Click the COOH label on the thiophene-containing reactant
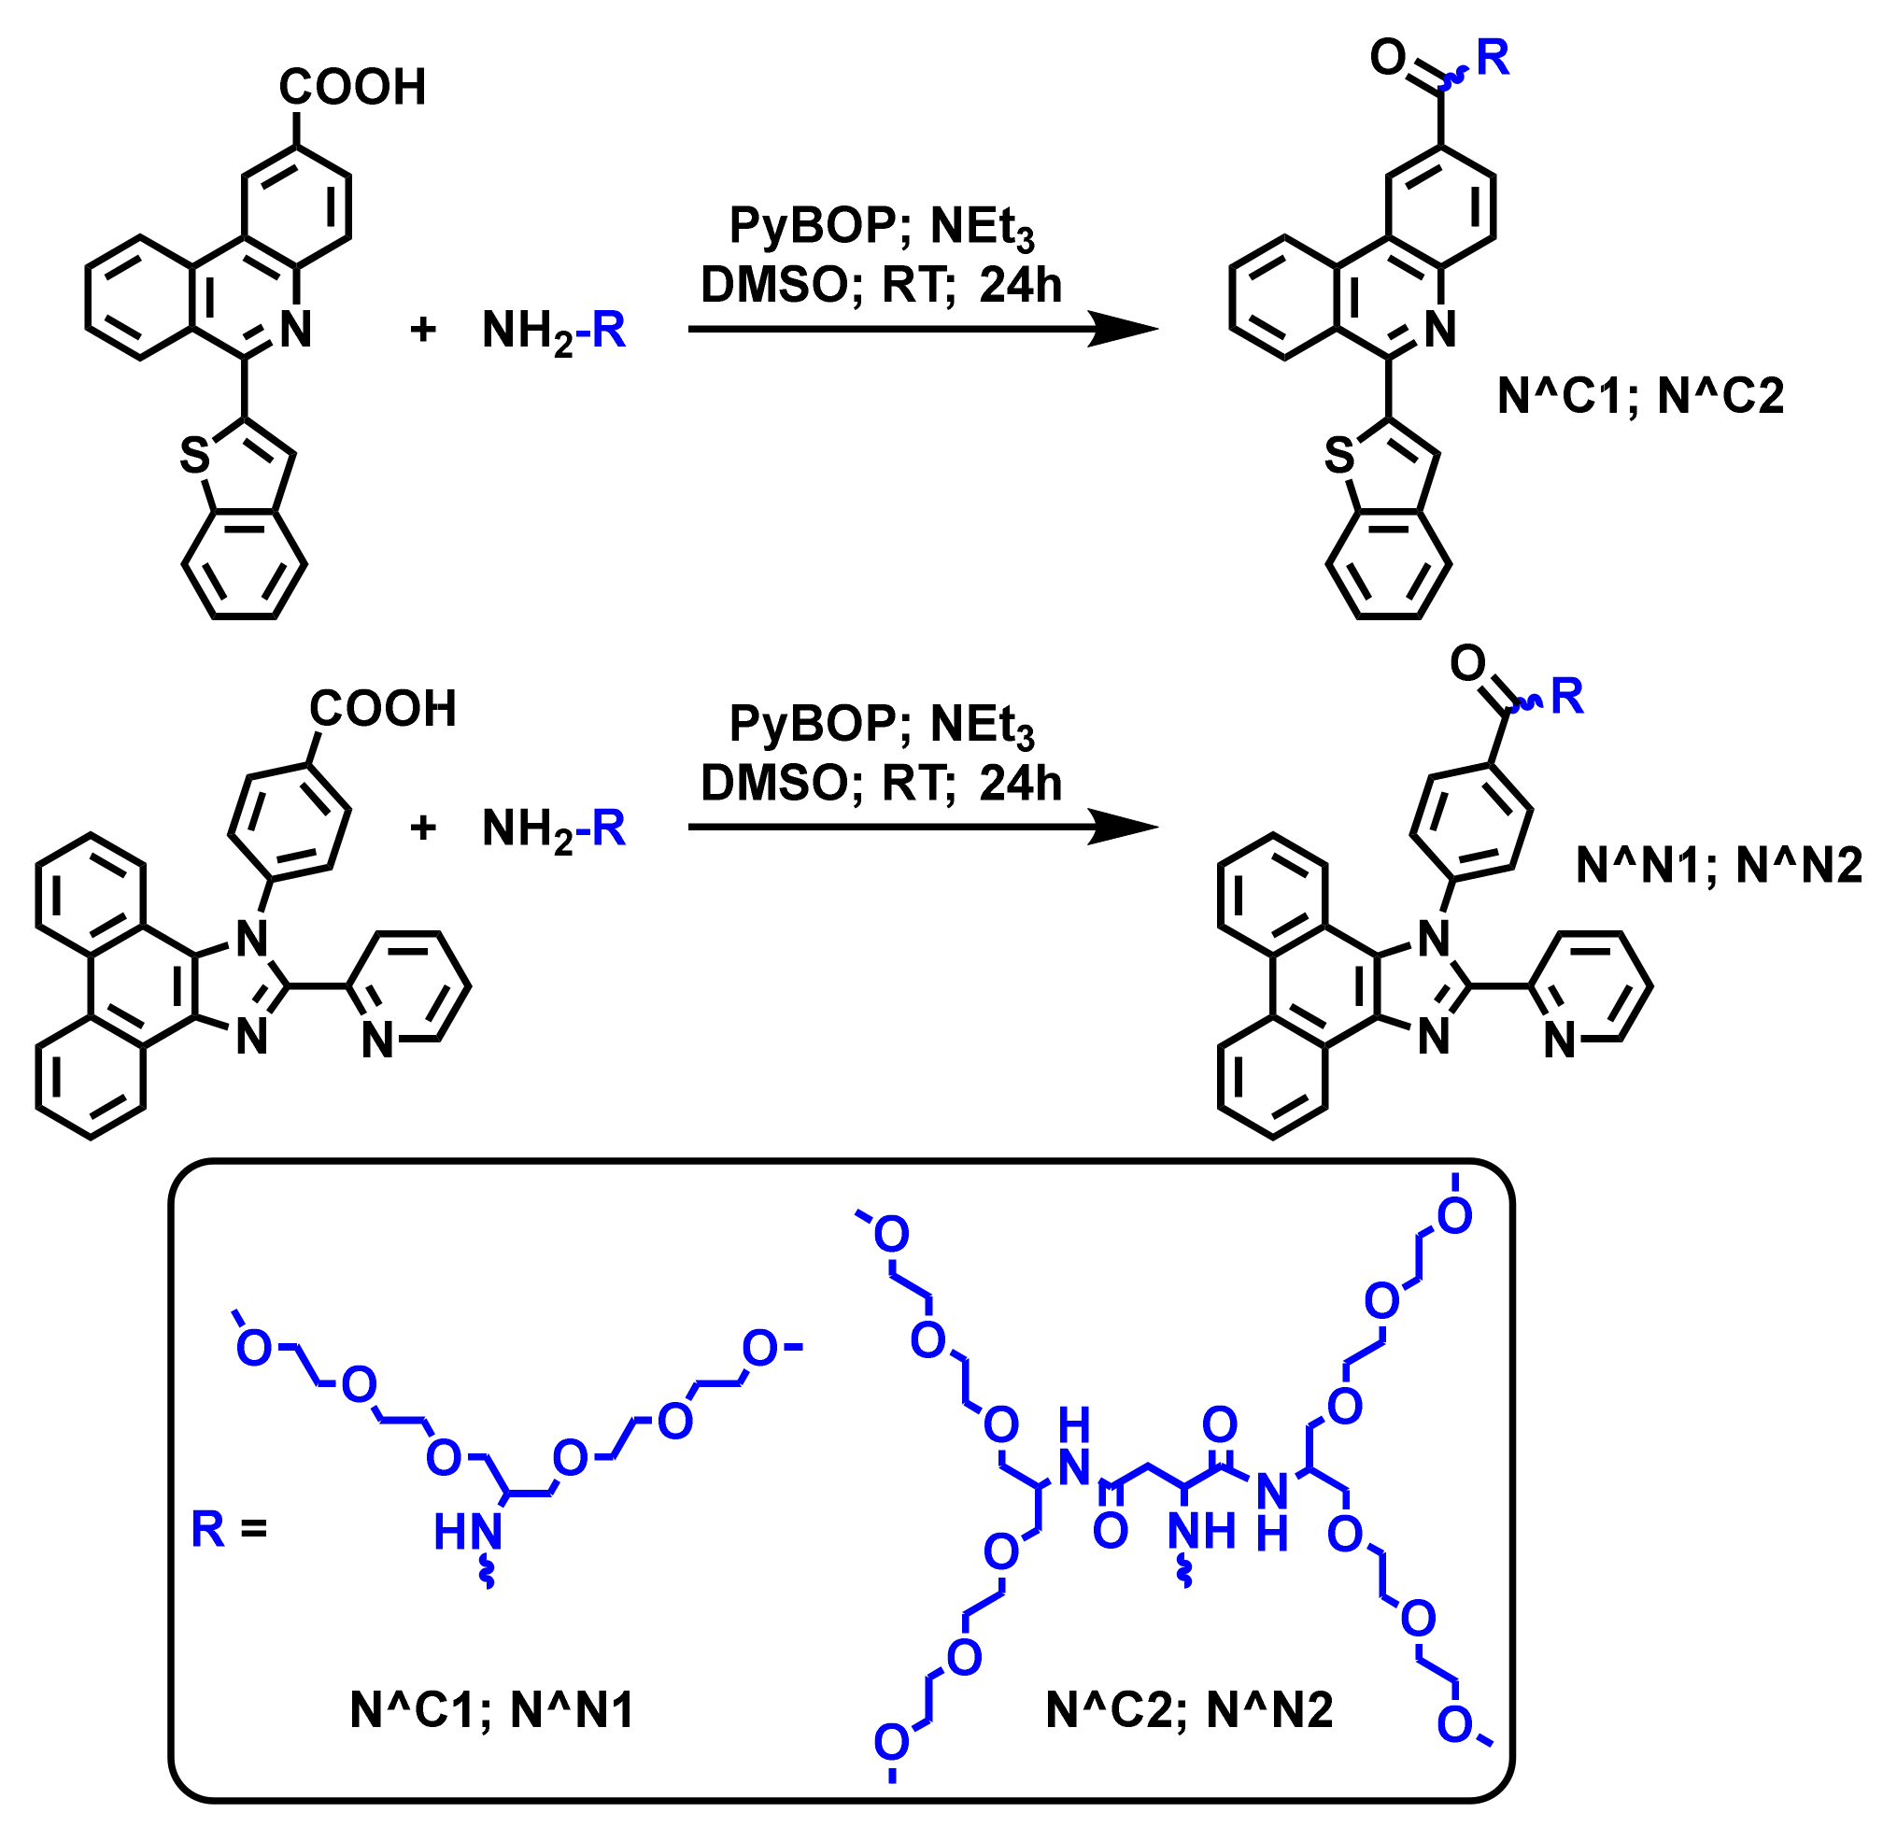pos(351,88)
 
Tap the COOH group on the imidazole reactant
pos(382,709)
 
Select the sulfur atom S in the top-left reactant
pos(195,456)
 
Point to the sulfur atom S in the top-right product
pos(1339,456)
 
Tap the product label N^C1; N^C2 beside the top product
pos(1640,396)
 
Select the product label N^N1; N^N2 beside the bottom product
pos(1719,866)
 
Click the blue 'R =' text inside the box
pos(229,1528)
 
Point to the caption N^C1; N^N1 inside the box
pos(492,1710)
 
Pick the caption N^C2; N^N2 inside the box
pos(1188,1710)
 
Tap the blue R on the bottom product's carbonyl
pos(1567,696)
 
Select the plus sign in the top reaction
pos(423,331)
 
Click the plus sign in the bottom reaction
pos(423,828)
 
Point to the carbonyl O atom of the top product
pos(1388,58)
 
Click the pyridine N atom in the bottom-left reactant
pos(377,1041)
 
